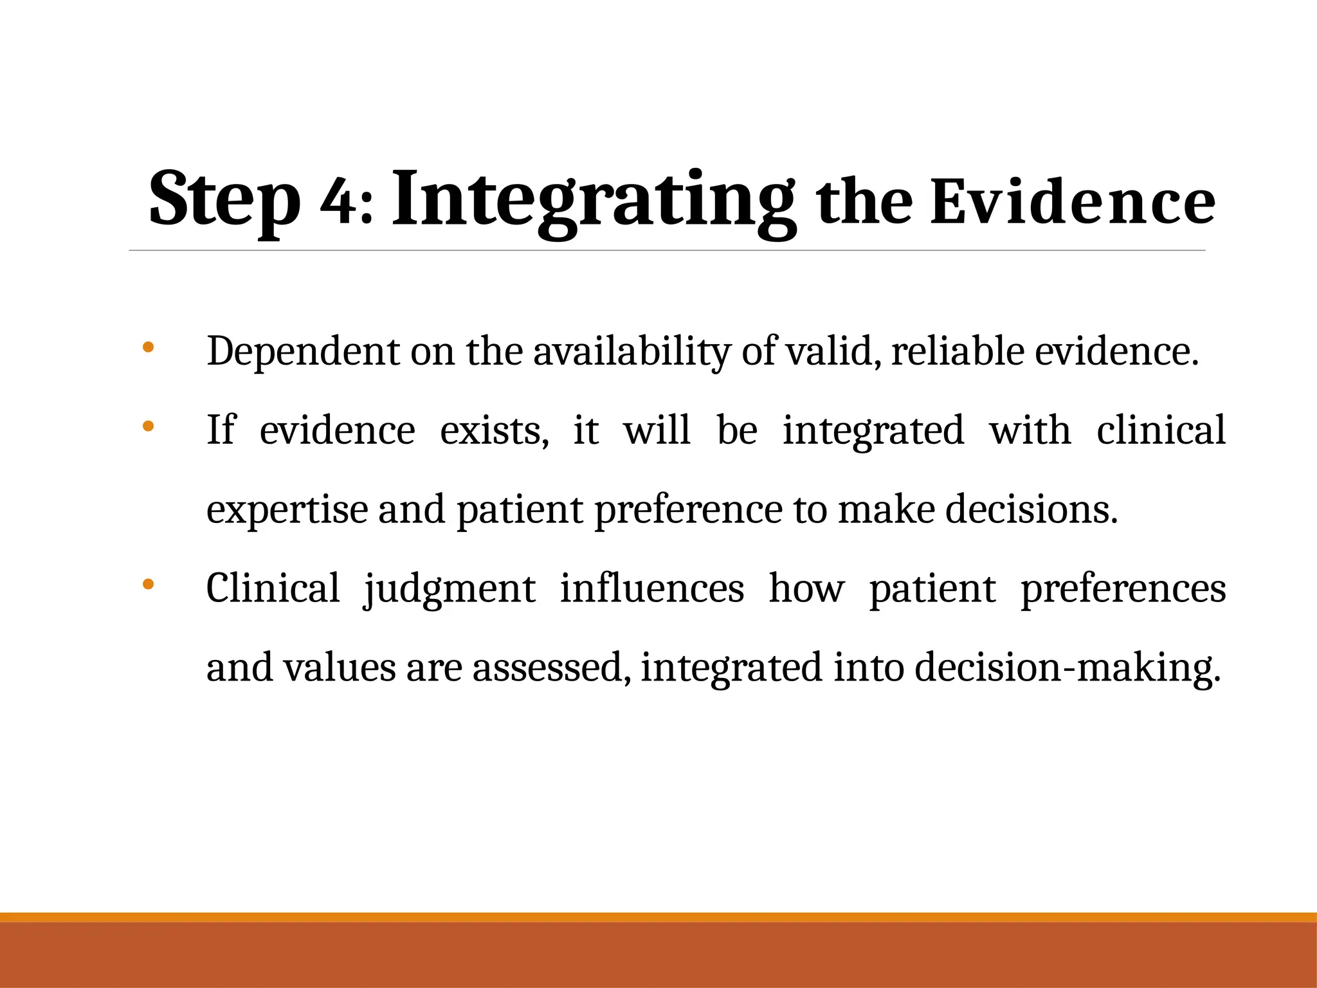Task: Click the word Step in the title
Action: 224,199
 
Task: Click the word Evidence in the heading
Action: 1072,203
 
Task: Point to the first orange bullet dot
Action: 148,347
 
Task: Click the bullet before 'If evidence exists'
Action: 148,426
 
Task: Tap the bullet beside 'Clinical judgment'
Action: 148,584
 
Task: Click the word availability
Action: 631,352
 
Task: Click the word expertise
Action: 287,509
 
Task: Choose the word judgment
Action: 450,589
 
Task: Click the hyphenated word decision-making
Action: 1067,668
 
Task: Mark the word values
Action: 340,668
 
